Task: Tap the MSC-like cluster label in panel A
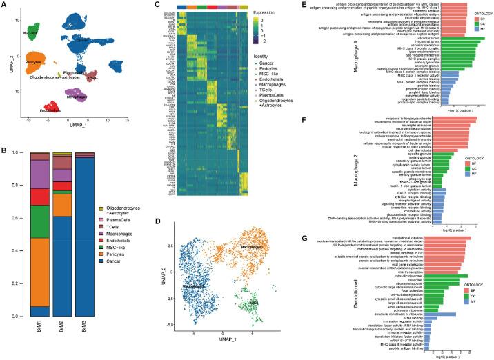[30, 33]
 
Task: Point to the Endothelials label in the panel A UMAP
[51, 110]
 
